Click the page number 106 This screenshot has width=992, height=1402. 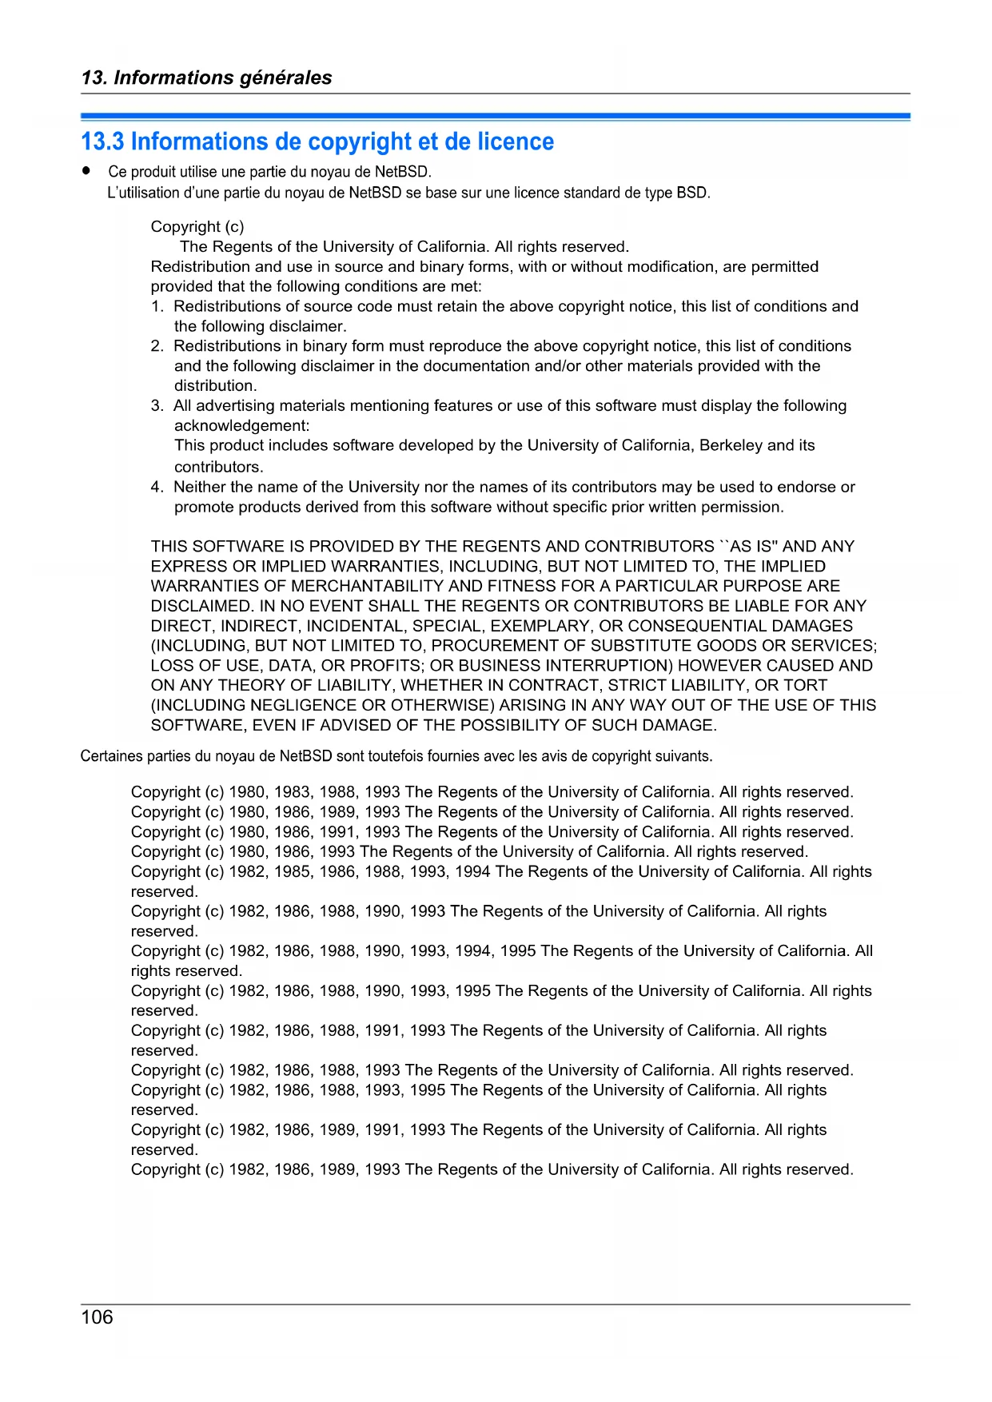pos(97,1316)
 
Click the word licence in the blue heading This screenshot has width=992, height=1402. pos(516,141)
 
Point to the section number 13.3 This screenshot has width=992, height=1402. pos(102,141)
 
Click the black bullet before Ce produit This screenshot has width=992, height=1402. pos(86,171)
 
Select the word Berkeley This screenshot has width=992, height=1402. pos(731,445)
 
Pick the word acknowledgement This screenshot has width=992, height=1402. pos(241,425)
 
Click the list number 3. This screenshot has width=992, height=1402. pos(157,405)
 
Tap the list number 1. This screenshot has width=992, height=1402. pos(157,306)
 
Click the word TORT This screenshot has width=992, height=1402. pos(806,685)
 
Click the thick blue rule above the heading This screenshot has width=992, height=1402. pos(496,117)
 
